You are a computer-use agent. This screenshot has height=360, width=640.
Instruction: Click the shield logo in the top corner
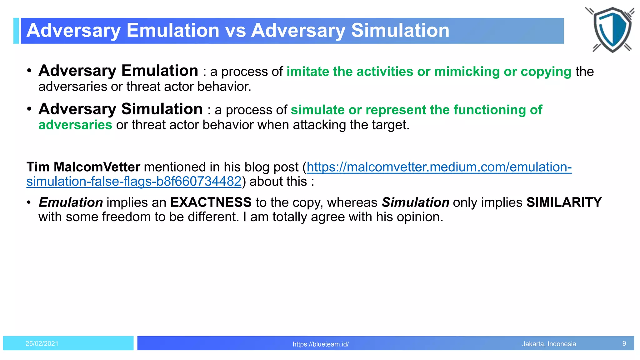click(x=612, y=30)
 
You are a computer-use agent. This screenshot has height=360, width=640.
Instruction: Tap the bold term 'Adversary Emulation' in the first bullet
click(x=118, y=71)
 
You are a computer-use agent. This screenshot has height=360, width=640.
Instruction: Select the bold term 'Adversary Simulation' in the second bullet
click(x=121, y=109)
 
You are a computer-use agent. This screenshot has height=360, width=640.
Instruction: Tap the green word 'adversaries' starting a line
click(x=75, y=125)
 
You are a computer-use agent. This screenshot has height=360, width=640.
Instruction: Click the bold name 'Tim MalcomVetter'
click(x=83, y=167)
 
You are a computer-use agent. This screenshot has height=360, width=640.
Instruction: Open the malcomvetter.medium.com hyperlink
click(x=439, y=167)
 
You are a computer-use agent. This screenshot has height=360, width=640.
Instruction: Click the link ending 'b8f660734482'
click(x=134, y=182)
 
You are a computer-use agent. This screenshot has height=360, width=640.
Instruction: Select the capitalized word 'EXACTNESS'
click(x=211, y=202)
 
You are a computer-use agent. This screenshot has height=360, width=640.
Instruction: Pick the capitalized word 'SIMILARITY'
click(x=564, y=202)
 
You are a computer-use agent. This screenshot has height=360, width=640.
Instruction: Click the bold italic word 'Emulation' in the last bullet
click(x=71, y=202)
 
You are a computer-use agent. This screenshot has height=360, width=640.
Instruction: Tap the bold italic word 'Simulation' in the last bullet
click(x=415, y=202)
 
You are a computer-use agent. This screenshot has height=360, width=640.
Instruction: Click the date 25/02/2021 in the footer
click(x=42, y=343)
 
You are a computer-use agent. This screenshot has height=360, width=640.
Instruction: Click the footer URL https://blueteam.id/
click(x=321, y=344)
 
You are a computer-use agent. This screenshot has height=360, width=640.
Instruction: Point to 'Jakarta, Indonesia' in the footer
click(x=549, y=344)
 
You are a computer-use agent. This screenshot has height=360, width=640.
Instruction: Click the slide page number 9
click(x=624, y=343)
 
